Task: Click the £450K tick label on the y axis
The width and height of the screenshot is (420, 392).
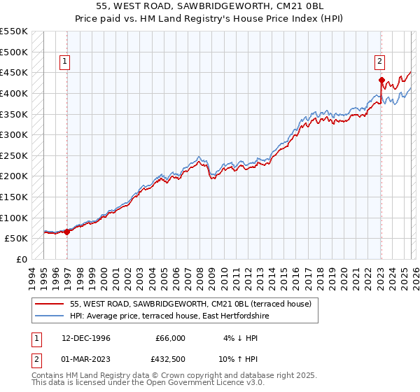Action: pyautogui.click(x=14, y=72)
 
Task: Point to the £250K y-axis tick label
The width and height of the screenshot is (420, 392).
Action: pyautogui.click(x=14, y=155)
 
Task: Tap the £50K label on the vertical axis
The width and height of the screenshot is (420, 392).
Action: pyautogui.click(x=16, y=239)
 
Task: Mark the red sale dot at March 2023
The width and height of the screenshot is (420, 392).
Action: pyautogui.click(x=381, y=80)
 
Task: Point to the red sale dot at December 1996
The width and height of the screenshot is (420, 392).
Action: pyautogui.click(x=67, y=232)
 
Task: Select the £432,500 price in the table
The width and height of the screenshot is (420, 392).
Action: pyautogui.click(x=170, y=360)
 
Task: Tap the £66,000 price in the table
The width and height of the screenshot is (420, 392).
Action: pyautogui.click(x=170, y=338)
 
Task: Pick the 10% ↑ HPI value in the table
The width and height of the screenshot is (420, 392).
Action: pyautogui.click(x=240, y=360)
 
